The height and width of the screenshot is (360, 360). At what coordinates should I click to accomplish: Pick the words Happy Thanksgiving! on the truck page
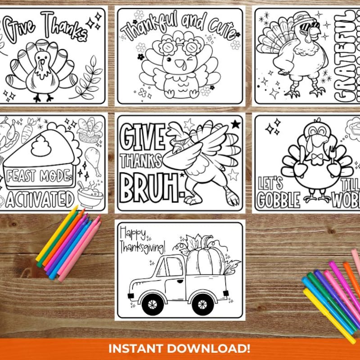pyautogui.click(x=141, y=241)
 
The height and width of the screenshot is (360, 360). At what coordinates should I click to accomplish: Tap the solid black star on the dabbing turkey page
pyautogui.click(x=235, y=124)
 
